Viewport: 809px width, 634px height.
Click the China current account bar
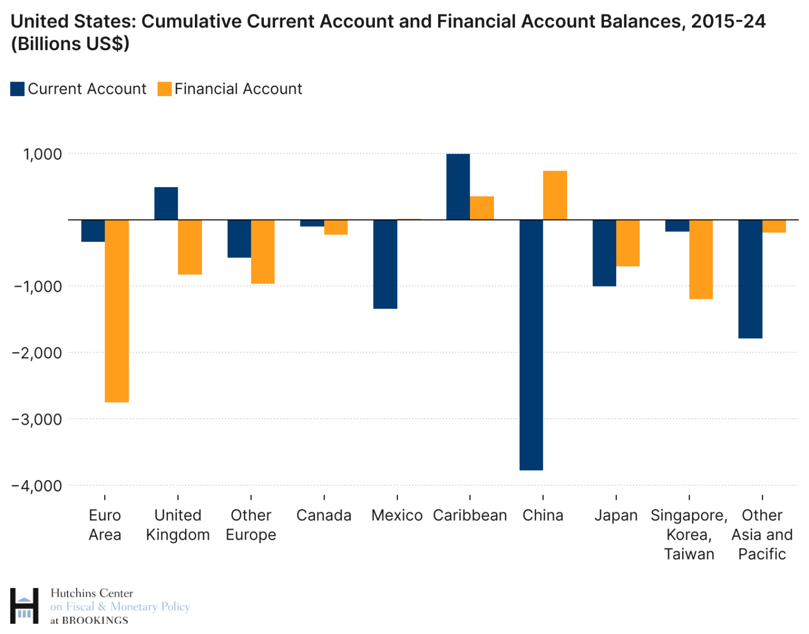point(531,345)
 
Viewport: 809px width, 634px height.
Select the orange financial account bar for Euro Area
point(117,311)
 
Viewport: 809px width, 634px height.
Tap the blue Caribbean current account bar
point(458,187)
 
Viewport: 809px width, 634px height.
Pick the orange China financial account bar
point(555,195)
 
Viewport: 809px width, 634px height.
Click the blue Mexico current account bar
point(385,264)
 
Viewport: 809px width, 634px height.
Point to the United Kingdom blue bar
point(166,203)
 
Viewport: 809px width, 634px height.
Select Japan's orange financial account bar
point(628,243)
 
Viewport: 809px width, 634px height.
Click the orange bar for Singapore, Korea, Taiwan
point(701,259)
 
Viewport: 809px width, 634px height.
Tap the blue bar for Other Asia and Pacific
point(750,279)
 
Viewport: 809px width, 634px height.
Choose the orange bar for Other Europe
point(263,251)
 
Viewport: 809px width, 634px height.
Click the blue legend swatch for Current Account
point(17,89)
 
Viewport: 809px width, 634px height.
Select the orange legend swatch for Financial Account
point(164,89)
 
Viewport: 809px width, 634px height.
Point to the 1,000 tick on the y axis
point(42,154)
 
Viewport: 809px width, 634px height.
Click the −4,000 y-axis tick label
point(37,486)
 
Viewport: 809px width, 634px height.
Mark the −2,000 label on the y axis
point(37,353)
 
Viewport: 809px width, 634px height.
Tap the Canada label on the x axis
point(324,515)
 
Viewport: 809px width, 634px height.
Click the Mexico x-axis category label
point(397,515)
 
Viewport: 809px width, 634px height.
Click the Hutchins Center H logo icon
point(24,606)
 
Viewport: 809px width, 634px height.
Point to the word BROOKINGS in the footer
point(95,621)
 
